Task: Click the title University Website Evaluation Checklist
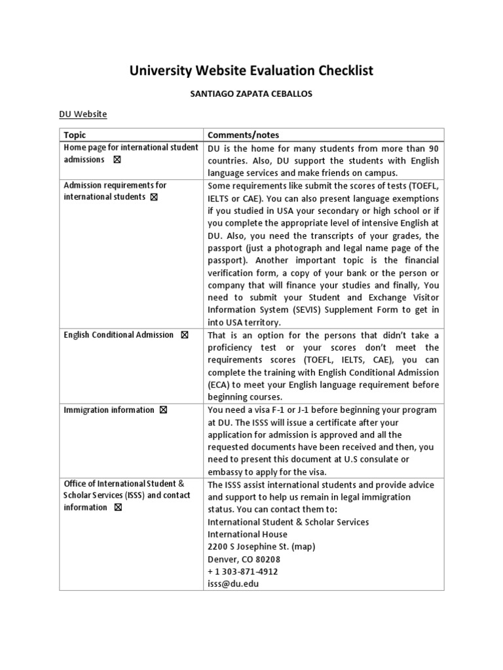pyautogui.click(x=251, y=71)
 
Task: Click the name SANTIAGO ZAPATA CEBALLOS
pyautogui.click(x=251, y=94)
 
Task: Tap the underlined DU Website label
pyautogui.click(x=83, y=115)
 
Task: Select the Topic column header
pyautogui.click(x=75, y=135)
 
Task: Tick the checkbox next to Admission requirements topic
pyautogui.click(x=154, y=197)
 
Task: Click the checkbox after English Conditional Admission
pyautogui.click(x=184, y=335)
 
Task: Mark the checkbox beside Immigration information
pyautogui.click(x=163, y=410)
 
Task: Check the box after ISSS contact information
pyautogui.click(x=118, y=508)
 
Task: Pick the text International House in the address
pyautogui.click(x=248, y=535)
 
